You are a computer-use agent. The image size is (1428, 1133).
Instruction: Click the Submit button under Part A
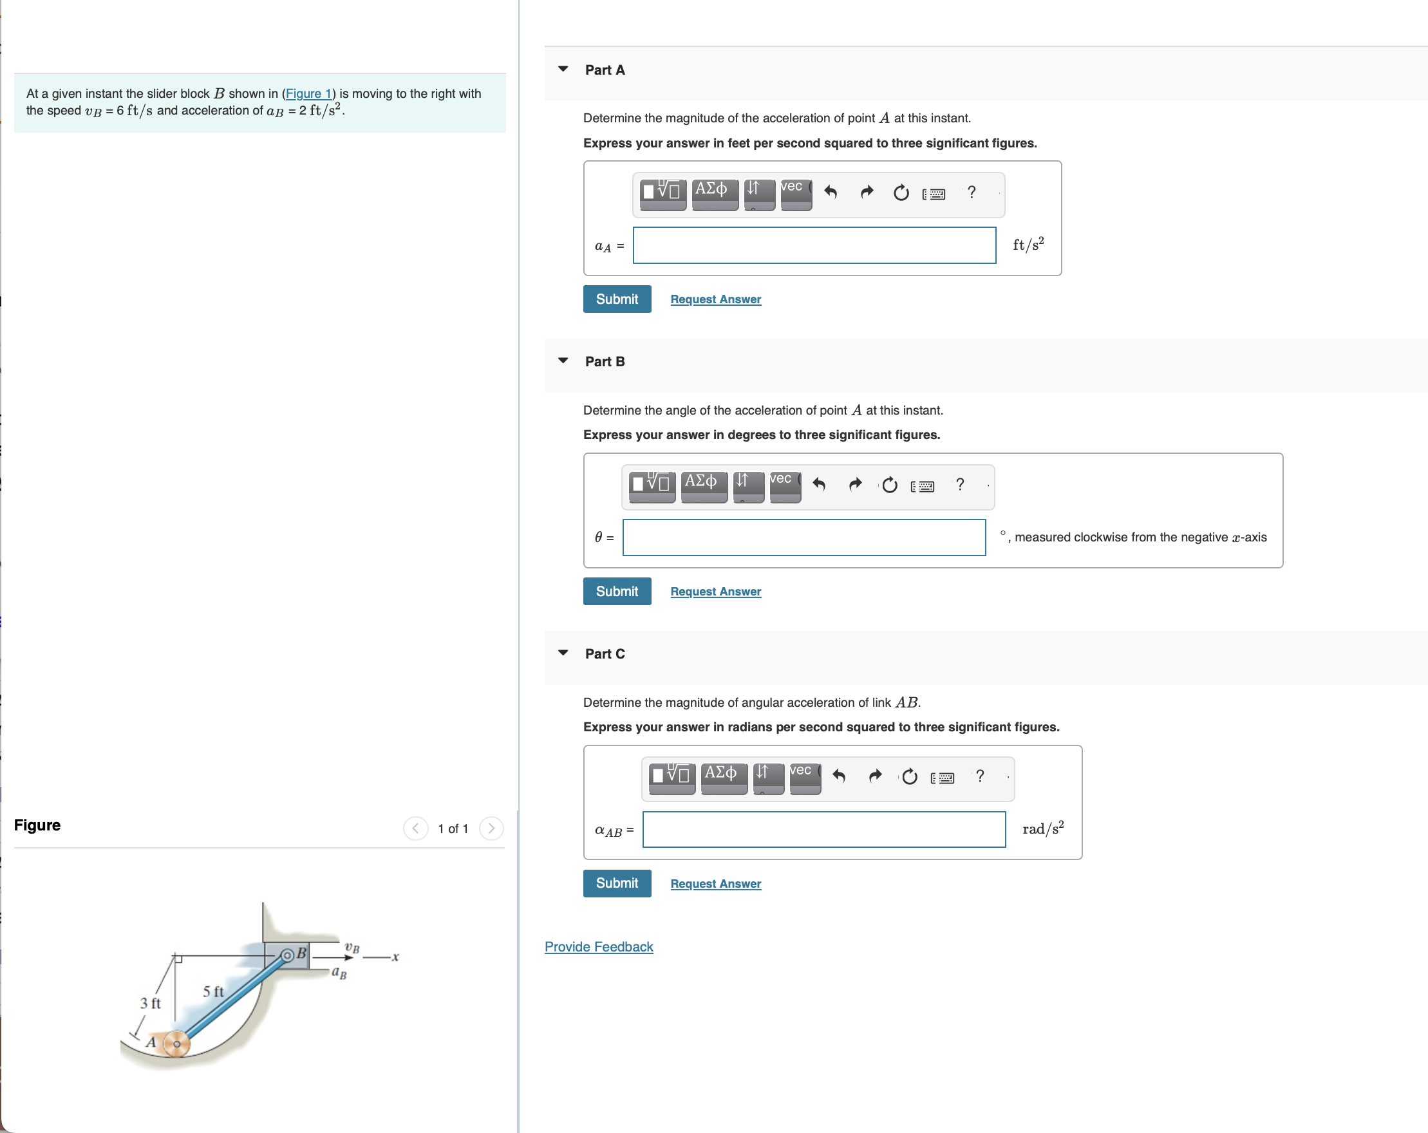point(617,299)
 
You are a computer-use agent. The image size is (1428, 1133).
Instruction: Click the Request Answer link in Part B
point(715,592)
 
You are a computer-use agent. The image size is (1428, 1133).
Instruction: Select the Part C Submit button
point(617,883)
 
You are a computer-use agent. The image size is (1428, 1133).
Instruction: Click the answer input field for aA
point(814,246)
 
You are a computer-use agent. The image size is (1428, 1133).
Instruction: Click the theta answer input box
point(803,538)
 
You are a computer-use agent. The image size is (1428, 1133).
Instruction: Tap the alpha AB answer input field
point(823,830)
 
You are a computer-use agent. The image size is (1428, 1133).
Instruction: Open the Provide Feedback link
point(598,947)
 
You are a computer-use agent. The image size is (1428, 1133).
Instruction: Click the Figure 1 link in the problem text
point(308,93)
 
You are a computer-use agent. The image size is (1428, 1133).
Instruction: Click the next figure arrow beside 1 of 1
point(491,829)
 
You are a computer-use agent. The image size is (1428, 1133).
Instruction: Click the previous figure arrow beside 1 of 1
point(415,829)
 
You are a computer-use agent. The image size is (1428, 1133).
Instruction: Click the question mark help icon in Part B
point(960,485)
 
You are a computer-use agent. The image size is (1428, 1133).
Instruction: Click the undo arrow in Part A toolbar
point(831,192)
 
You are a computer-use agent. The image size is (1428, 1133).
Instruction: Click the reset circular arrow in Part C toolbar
point(909,776)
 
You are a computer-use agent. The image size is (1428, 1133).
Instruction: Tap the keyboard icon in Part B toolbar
point(923,487)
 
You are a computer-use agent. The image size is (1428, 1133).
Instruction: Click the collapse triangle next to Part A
point(563,70)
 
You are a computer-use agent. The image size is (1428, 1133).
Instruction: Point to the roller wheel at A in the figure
point(176,1044)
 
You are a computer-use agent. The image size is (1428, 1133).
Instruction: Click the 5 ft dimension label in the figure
point(212,991)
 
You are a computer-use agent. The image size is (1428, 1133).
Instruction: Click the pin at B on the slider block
point(287,955)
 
